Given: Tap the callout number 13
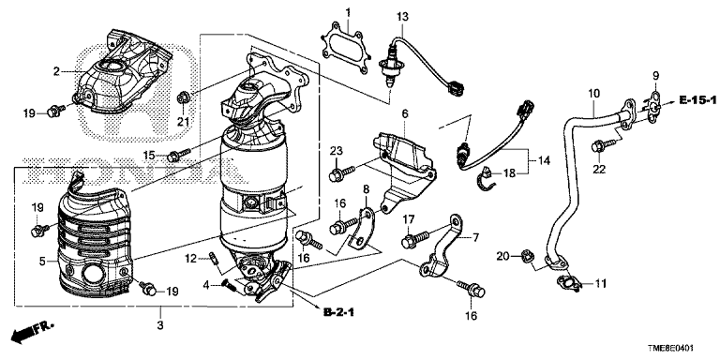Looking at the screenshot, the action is (x=402, y=17).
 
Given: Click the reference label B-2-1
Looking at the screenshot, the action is (x=338, y=313).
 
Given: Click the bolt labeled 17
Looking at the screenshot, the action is (x=415, y=240).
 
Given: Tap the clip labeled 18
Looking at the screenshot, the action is (x=487, y=178).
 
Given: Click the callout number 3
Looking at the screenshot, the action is (x=160, y=325).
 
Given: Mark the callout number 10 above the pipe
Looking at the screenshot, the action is (x=593, y=94).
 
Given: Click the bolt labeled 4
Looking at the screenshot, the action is (x=229, y=285).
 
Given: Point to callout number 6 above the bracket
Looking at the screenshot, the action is (x=405, y=113).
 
